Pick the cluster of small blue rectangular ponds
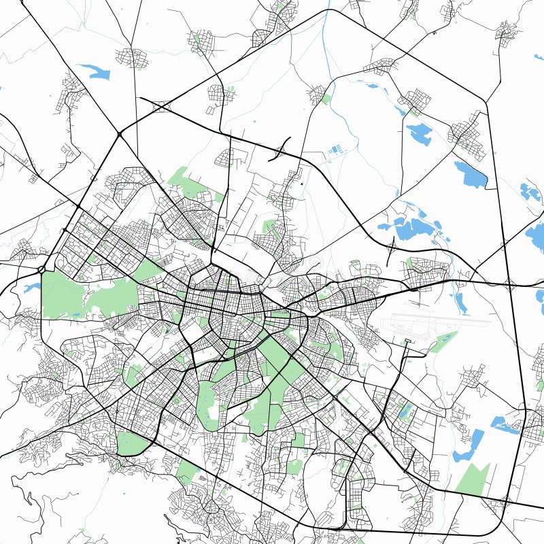335,150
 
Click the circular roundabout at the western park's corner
42,269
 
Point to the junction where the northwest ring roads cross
120,134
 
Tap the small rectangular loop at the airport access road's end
407,341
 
